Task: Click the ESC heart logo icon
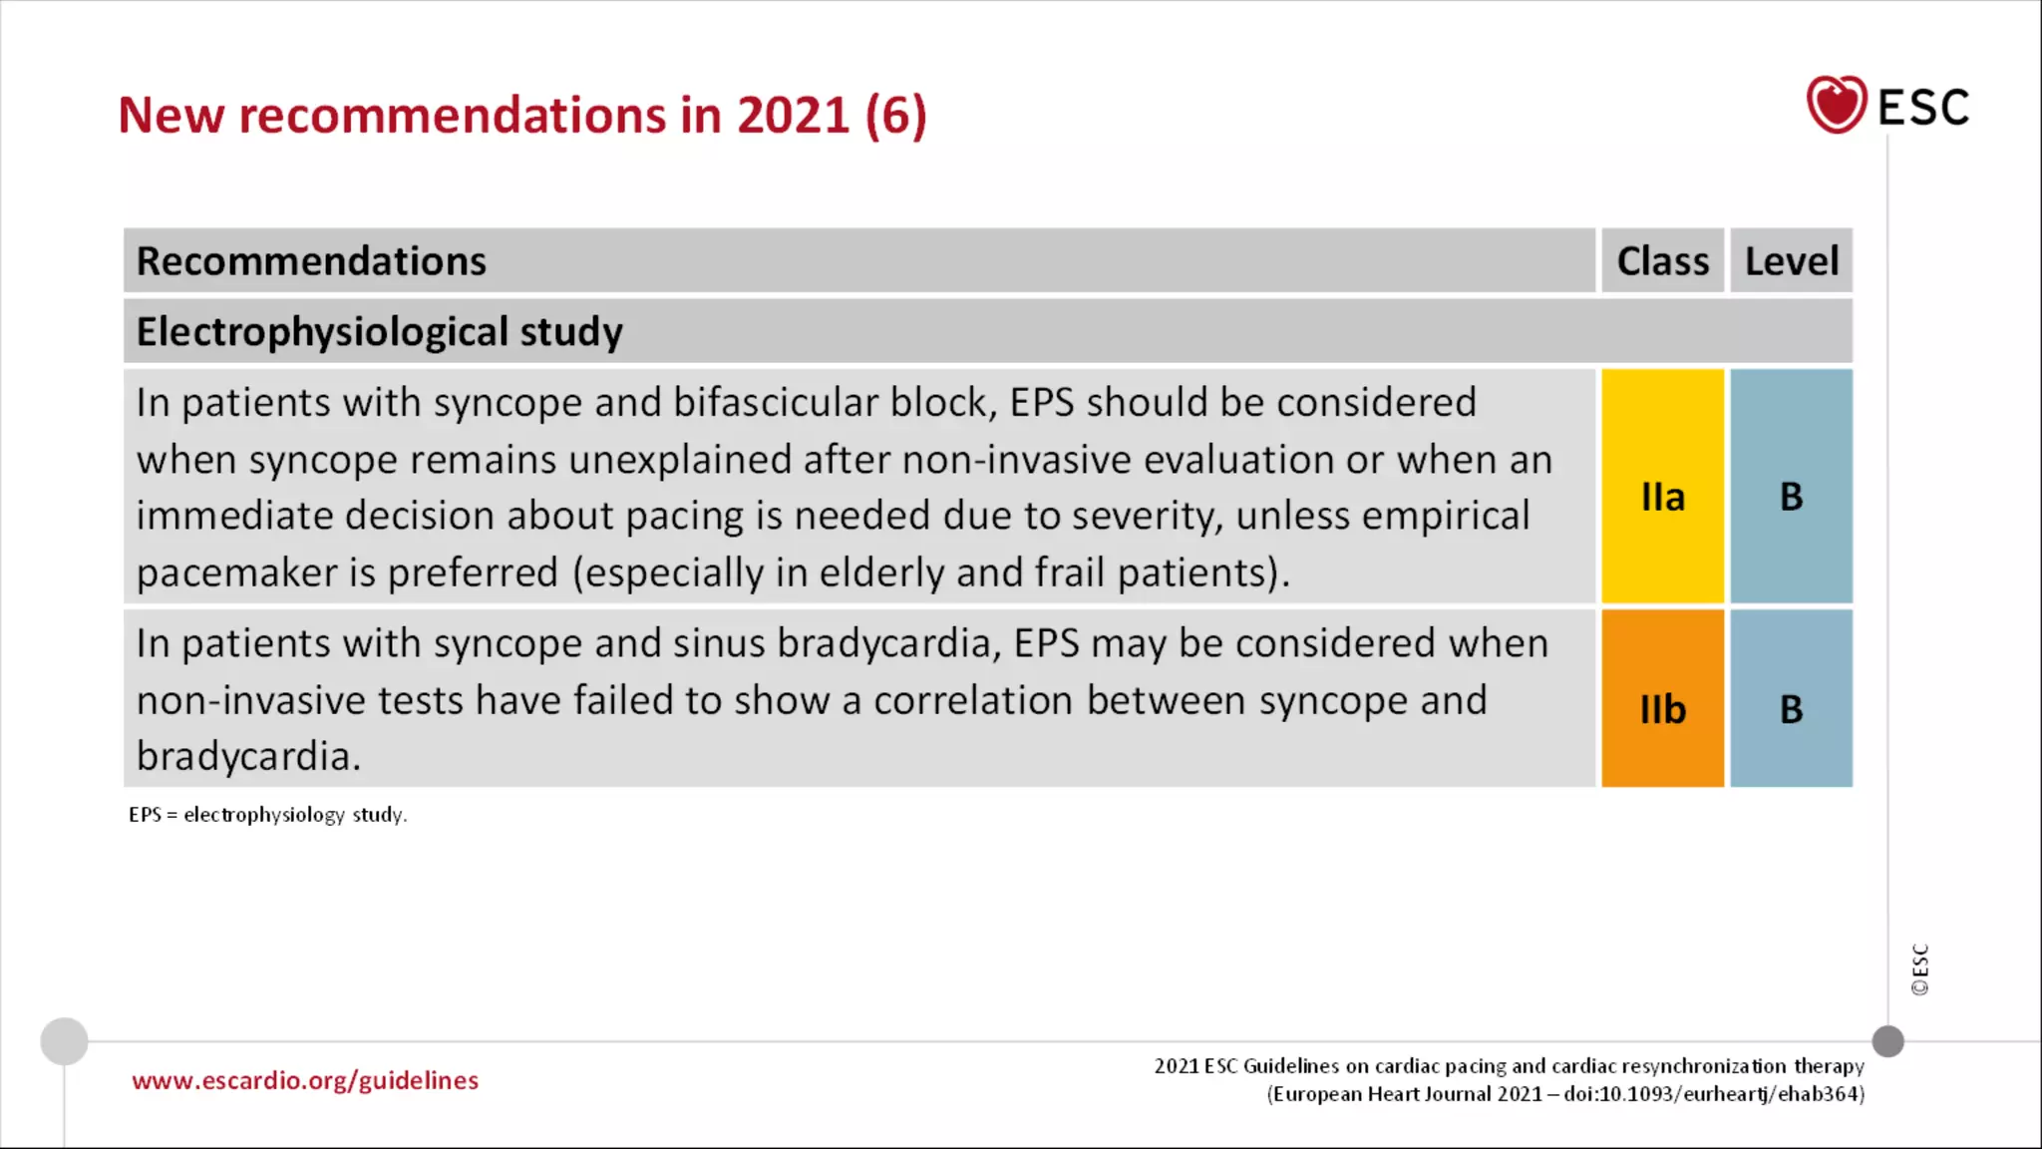tap(1836, 105)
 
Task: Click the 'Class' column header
tap(1662, 261)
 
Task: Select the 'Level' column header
tap(1791, 261)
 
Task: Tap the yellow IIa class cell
tap(1662, 496)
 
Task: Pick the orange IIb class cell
tap(1662, 709)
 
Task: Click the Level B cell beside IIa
tap(1791, 496)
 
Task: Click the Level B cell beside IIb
tap(1791, 709)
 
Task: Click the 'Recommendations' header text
tap(311, 261)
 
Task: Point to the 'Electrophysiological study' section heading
tap(379, 332)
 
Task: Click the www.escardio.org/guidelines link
tap(305, 1081)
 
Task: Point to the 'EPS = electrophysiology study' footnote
tap(267, 815)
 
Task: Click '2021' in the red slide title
tap(793, 116)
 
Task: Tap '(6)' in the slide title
tap(895, 116)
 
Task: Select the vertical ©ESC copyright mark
tap(1919, 969)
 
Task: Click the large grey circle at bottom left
tap(64, 1041)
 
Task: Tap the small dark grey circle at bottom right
tap(1887, 1041)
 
